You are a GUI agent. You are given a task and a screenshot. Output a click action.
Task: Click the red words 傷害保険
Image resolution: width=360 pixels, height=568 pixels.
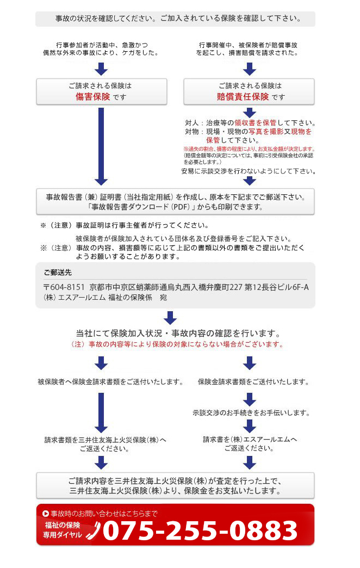point(92,97)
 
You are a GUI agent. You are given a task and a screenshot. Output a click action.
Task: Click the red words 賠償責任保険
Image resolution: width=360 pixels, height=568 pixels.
point(243,97)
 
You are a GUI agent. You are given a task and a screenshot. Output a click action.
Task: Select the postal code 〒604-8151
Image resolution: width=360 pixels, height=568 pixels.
point(64,287)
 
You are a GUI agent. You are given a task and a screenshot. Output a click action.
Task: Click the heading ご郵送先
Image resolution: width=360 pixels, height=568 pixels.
point(57,272)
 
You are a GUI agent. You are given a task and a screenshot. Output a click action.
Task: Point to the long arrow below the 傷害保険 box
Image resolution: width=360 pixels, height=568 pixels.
point(101,146)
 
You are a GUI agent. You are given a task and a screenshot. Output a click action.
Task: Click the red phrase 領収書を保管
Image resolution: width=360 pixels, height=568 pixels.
point(255,123)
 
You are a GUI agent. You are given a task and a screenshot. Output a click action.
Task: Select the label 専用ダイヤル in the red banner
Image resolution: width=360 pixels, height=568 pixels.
point(63,535)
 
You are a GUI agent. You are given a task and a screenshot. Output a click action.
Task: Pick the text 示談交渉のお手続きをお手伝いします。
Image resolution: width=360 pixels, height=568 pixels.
point(251,413)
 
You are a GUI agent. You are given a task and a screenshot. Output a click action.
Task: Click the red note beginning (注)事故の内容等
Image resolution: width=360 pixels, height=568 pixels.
point(177,344)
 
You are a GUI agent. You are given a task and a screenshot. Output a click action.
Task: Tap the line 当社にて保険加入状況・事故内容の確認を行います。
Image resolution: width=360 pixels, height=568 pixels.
point(178,333)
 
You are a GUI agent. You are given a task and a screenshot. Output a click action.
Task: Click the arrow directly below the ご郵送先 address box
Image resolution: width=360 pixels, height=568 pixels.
point(171,317)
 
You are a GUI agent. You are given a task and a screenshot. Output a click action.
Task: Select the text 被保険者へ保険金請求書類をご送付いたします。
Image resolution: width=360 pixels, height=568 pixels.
point(110,382)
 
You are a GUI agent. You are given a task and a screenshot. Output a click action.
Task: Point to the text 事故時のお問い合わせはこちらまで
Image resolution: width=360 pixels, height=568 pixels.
point(104,514)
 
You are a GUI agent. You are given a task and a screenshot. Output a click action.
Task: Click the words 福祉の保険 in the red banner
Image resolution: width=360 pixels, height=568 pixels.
point(62,525)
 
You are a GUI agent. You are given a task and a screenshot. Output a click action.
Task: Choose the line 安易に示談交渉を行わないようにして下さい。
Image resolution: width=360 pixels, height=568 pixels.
point(249,171)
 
